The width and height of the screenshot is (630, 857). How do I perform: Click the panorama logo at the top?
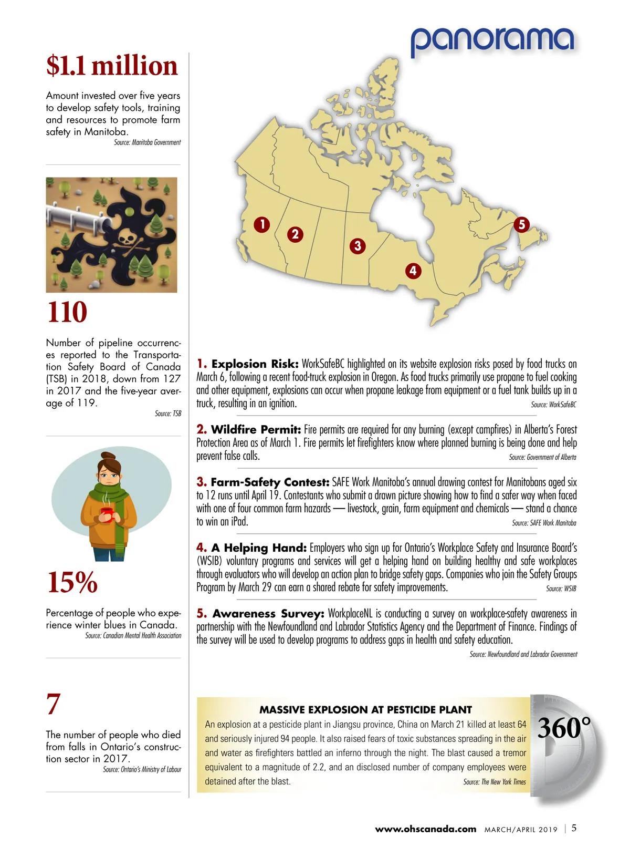click(x=492, y=40)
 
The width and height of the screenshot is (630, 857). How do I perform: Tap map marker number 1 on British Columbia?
click(x=262, y=225)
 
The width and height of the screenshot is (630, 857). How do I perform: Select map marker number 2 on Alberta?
click(x=295, y=234)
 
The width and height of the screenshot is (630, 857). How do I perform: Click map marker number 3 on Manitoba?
click(x=358, y=245)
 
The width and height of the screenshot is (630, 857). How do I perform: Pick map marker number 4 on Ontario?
click(x=413, y=271)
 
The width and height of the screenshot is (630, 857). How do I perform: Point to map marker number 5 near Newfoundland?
click(x=521, y=224)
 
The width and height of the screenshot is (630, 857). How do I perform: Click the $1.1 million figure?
click(x=112, y=66)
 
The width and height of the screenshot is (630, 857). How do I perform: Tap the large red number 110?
click(x=67, y=312)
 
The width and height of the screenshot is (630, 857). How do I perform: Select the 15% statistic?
click(x=72, y=582)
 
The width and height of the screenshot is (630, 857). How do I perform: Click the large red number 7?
click(x=54, y=704)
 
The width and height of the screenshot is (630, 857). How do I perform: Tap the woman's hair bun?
click(x=108, y=456)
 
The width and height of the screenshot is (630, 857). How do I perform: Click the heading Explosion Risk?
click(x=255, y=364)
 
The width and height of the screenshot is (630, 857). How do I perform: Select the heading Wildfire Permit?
click(x=256, y=429)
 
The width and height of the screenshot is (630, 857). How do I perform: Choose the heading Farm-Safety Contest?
click(x=270, y=482)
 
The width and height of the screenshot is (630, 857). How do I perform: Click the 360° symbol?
click(x=563, y=728)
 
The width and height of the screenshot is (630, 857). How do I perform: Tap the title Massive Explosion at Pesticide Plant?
click(x=365, y=709)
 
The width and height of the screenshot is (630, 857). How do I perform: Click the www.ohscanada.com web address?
click(x=425, y=829)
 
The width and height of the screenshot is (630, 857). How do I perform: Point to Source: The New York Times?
click(x=494, y=782)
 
